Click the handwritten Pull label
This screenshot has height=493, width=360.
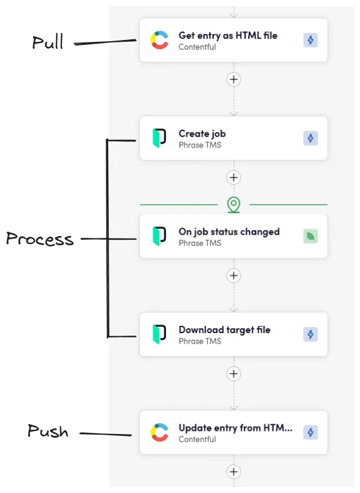(48, 42)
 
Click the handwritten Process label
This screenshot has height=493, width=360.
(40, 239)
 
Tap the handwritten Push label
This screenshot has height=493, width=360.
(47, 432)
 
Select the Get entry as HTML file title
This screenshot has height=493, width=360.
(227, 36)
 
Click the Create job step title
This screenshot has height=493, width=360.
(202, 133)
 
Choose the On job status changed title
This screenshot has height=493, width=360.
(229, 232)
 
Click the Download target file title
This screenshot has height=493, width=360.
(224, 329)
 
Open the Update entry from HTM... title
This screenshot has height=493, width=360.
(235, 428)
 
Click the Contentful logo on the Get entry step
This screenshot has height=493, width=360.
(160, 41)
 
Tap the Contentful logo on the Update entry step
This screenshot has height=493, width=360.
(160, 433)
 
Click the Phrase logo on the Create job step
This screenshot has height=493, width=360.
(160, 138)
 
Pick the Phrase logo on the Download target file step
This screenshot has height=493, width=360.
(160, 334)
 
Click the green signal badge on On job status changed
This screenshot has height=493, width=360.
(310, 236)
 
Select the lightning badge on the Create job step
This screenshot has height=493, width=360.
(310, 138)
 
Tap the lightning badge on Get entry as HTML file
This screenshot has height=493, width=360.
(310, 41)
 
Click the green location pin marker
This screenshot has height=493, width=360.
(233, 204)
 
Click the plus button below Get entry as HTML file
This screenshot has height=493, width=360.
(233, 79)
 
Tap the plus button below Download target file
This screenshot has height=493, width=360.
(233, 373)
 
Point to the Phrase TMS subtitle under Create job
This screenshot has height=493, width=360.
(200, 145)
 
